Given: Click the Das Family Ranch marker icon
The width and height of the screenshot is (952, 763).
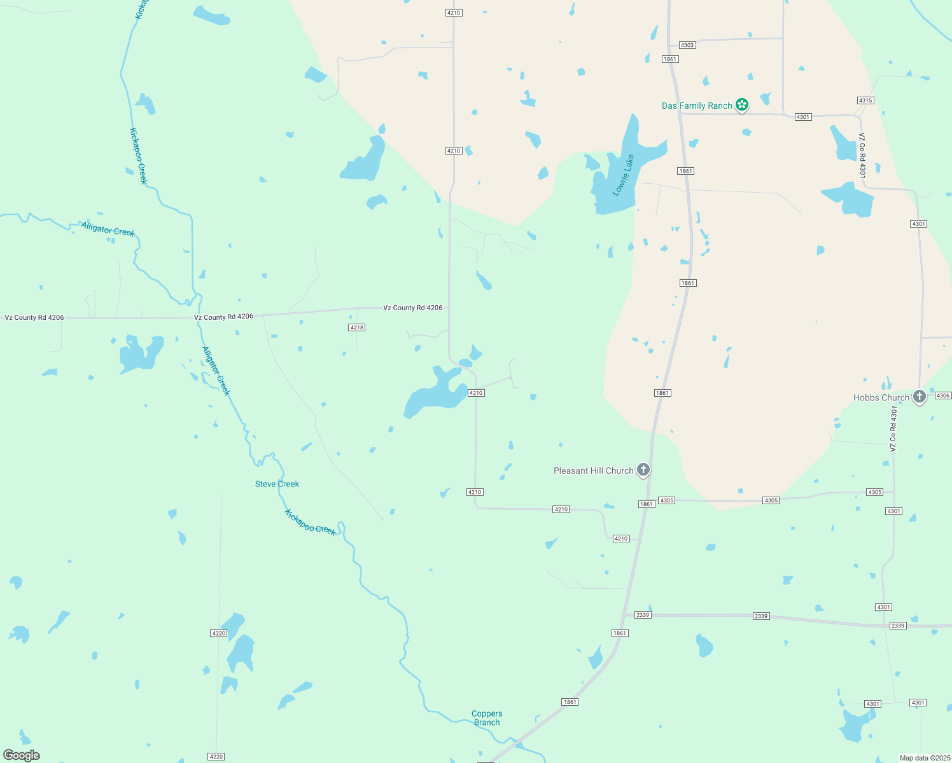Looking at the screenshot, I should [x=741, y=105].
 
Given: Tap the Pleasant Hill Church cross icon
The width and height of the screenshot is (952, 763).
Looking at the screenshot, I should [x=643, y=470].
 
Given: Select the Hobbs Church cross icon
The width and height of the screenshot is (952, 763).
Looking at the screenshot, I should [x=919, y=397].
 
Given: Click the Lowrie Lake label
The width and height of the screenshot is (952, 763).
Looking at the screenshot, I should [x=624, y=175].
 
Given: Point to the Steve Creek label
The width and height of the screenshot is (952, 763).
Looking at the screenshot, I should [x=277, y=484].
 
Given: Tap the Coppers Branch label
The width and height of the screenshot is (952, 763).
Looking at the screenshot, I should [x=487, y=718].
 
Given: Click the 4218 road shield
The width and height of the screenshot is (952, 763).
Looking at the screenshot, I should [x=356, y=327].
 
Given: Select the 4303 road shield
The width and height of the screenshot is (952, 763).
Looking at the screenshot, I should [x=687, y=45].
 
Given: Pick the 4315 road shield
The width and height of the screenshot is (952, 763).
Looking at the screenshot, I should [x=865, y=100].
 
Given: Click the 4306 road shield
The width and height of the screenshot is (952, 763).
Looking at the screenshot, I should [x=943, y=395].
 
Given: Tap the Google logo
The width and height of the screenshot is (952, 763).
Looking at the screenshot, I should [x=21, y=755].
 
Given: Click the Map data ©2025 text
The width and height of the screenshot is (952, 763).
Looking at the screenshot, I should [x=924, y=758].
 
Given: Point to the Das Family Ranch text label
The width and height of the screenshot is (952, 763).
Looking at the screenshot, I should [x=697, y=106].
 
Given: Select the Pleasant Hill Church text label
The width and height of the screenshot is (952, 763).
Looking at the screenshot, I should [x=593, y=471].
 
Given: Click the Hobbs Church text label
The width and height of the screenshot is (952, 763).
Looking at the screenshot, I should [x=881, y=397].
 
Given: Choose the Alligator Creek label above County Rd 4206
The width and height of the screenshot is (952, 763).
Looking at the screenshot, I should [x=108, y=229].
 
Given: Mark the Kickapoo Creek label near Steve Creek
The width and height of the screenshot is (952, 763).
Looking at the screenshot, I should [x=310, y=522].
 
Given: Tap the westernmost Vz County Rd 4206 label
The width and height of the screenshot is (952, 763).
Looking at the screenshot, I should [x=34, y=317].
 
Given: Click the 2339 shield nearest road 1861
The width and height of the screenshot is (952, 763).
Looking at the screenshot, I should [x=643, y=615].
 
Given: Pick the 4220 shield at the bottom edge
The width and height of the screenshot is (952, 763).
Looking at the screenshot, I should [x=216, y=757].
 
